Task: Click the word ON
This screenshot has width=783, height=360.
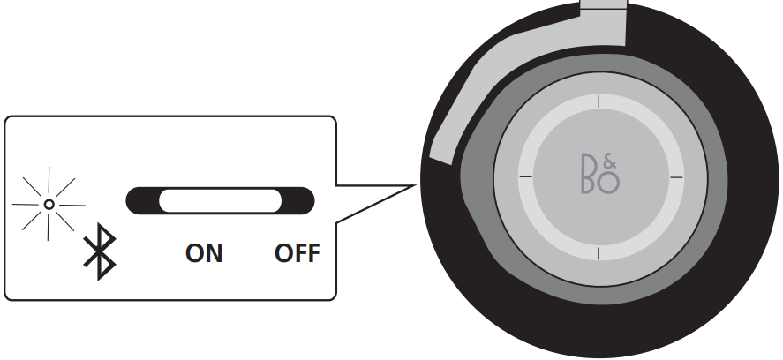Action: (x=204, y=253)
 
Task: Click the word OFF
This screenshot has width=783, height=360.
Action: (x=297, y=253)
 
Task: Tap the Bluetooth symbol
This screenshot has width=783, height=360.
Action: (x=100, y=251)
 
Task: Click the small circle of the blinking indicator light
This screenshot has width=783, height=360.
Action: (x=49, y=204)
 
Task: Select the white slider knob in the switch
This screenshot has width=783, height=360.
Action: (x=220, y=200)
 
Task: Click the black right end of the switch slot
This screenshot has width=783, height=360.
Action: (x=299, y=200)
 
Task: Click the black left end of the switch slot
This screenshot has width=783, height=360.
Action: (x=141, y=200)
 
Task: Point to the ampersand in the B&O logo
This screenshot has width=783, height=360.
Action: (x=610, y=161)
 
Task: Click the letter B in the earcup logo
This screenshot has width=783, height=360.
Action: (x=591, y=174)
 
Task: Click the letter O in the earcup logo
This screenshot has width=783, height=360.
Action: (x=608, y=183)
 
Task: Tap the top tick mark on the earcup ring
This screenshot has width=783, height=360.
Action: (x=599, y=101)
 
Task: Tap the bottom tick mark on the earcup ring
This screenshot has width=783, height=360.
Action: (x=599, y=253)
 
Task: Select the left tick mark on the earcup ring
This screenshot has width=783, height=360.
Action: (x=526, y=176)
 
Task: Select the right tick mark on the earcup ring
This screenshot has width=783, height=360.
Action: (x=676, y=176)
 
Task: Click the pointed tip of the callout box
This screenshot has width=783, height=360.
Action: (x=415, y=186)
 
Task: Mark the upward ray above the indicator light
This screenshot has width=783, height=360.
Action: (x=49, y=181)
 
